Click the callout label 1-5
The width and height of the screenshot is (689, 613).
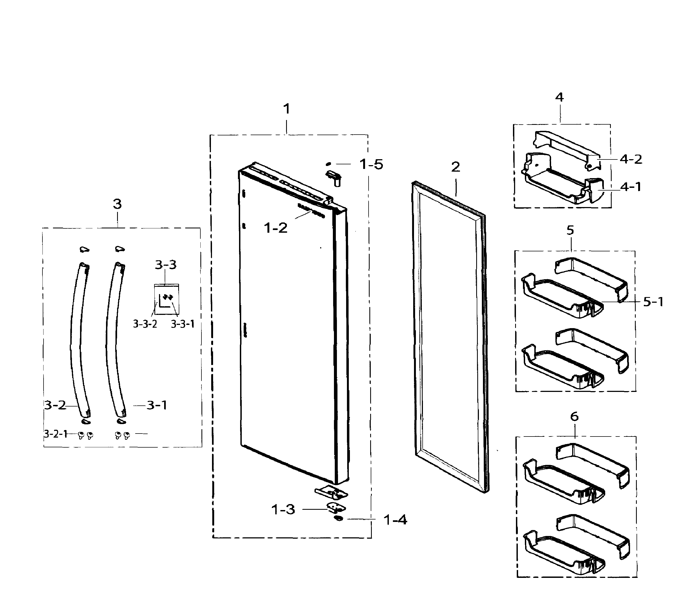[x=371, y=164]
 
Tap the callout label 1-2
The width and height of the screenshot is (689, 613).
[x=276, y=228]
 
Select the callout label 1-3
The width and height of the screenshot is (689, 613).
[x=283, y=509]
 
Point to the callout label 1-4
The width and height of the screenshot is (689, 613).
[x=395, y=520]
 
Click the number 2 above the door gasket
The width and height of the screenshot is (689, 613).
[x=455, y=167]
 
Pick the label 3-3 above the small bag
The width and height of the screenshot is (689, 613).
[x=165, y=265]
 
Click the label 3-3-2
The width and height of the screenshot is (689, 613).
[x=145, y=324]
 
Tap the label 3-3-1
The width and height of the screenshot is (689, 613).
[x=182, y=324]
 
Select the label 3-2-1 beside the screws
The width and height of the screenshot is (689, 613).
[x=56, y=434]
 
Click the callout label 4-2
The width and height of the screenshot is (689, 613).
[x=631, y=159]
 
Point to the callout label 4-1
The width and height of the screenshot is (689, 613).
[x=631, y=186]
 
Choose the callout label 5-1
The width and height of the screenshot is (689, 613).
[x=653, y=302]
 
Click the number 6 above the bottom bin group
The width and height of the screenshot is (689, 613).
[x=574, y=417]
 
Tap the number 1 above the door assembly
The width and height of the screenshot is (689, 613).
[x=286, y=109]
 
